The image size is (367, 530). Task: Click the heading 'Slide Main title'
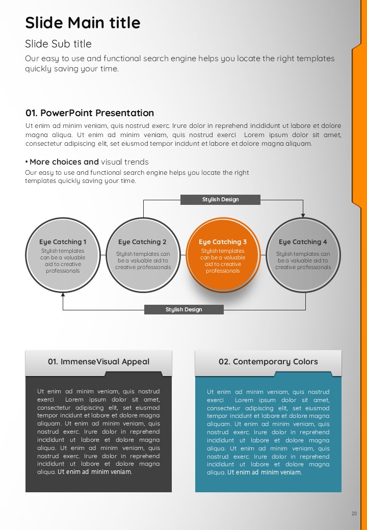[83, 22]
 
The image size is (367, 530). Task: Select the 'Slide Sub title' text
[58, 44]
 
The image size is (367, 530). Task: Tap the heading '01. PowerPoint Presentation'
[90, 113]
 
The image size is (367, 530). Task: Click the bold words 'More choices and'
[64, 162]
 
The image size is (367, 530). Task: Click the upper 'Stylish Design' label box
[220, 199]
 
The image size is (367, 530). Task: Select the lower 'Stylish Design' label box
[184, 309]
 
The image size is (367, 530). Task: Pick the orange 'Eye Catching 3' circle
[223, 255]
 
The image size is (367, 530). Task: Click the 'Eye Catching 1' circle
[63, 255]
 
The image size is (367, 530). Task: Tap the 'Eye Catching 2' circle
[143, 255]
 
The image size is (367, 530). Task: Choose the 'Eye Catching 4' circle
[303, 255]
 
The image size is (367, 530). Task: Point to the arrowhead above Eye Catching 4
[303, 215]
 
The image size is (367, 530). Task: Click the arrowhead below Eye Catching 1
[63, 295]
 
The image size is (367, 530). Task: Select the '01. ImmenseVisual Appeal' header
[98, 362]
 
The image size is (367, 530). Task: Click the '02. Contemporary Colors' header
[268, 362]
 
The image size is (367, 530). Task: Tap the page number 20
[354, 513]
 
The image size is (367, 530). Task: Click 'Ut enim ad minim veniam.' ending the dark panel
[95, 471]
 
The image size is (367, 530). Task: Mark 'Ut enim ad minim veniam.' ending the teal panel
[264, 472]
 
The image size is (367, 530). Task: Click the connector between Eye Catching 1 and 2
[103, 255]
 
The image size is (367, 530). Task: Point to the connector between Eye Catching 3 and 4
[263, 255]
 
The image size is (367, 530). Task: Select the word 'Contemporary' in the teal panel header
[261, 362]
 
